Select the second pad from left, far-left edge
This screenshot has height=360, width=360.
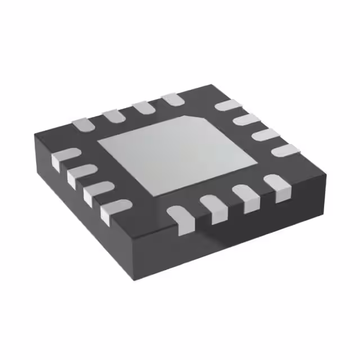[112, 115]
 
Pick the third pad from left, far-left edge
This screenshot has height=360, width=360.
[142, 107]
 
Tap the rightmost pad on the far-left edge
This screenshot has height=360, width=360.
[172, 100]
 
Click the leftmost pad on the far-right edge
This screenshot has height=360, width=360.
[228, 105]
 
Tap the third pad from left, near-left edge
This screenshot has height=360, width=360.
[93, 193]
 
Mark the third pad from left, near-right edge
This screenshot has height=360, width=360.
[245, 197]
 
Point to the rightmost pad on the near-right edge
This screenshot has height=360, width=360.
[276, 186]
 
